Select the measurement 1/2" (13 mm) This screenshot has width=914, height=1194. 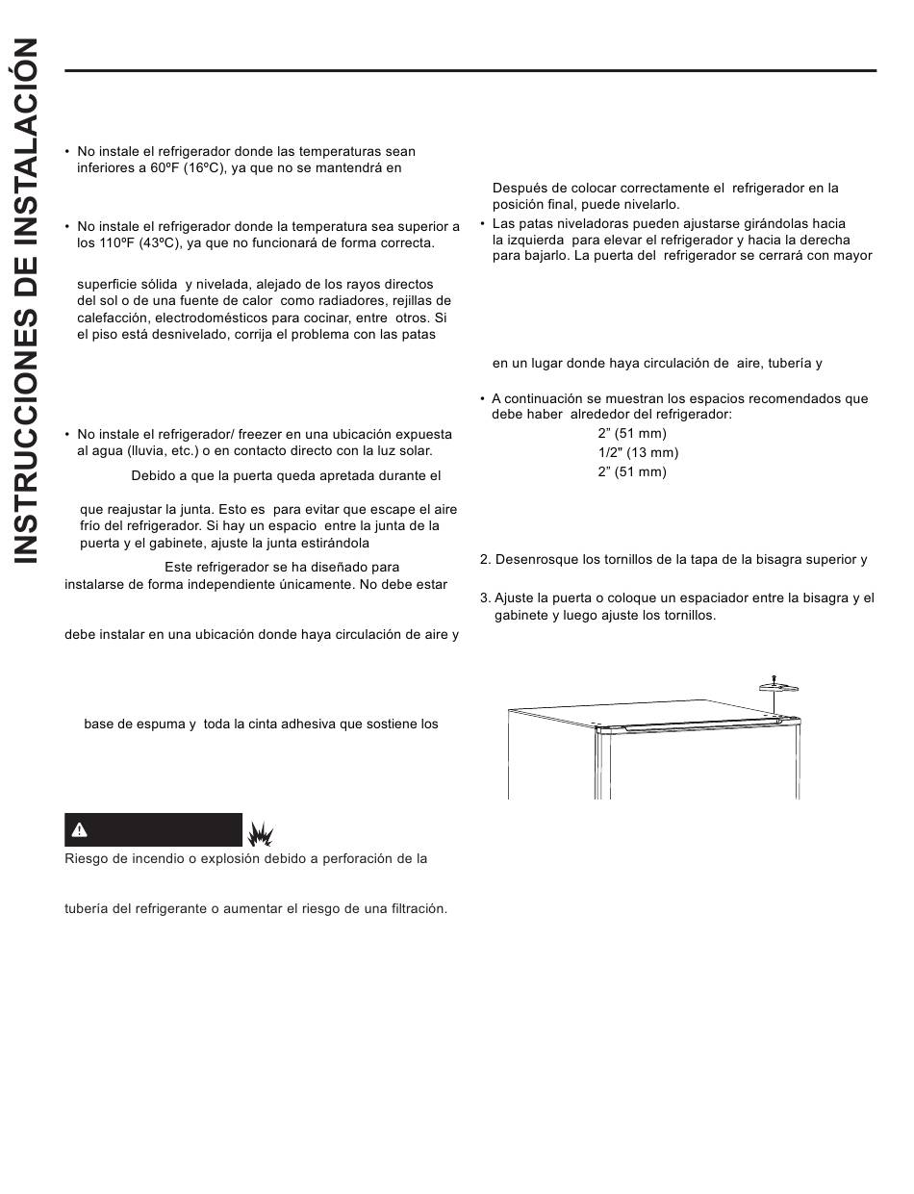pyautogui.click(x=638, y=452)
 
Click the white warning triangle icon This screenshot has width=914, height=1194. pyautogui.click(x=81, y=829)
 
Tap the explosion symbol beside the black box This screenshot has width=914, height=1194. pyautogui.click(x=260, y=831)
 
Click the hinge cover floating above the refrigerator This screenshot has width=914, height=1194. pyautogui.click(x=779, y=687)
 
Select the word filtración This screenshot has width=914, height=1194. pyautogui.click(x=418, y=908)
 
